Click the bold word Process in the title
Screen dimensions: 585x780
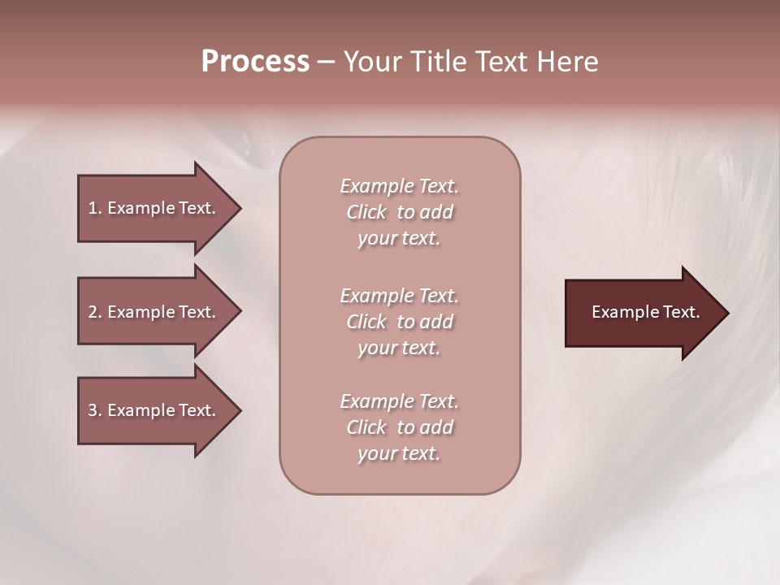point(255,62)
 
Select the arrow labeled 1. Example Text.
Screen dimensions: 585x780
point(154,208)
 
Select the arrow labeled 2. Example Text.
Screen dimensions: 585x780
point(154,312)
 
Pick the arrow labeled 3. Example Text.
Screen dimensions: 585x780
point(154,410)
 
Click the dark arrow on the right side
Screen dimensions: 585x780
point(642,312)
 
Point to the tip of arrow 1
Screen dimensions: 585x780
point(240,208)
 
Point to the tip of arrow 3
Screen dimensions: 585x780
point(240,410)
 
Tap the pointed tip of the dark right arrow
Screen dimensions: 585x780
point(727,312)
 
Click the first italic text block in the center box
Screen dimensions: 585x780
point(399,212)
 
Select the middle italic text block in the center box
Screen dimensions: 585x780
point(399,322)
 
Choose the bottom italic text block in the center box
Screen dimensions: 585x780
point(399,427)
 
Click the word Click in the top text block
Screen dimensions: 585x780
point(366,212)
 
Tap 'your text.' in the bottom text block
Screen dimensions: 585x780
point(399,453)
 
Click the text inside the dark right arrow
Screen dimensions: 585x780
point(645,312)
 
